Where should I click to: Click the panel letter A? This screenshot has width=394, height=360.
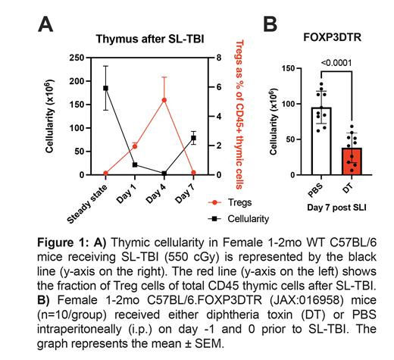pyautogui.click(x=47, y=24)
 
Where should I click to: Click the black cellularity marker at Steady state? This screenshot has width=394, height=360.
pyautogui.click(x=106, y=88)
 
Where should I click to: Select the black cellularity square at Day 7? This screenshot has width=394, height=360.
pyautogui.click(x=193, y=138)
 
